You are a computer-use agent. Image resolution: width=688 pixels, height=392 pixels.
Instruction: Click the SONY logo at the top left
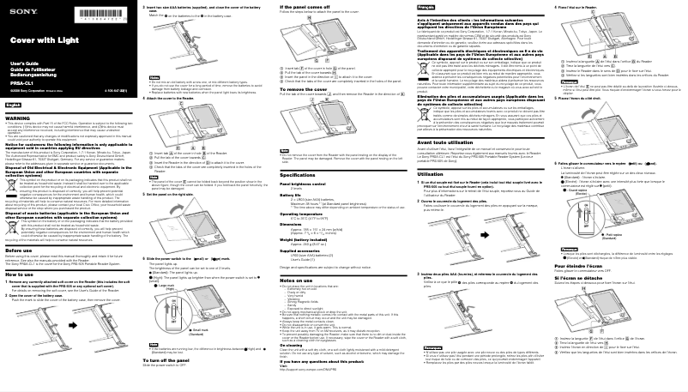[16, 7]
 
